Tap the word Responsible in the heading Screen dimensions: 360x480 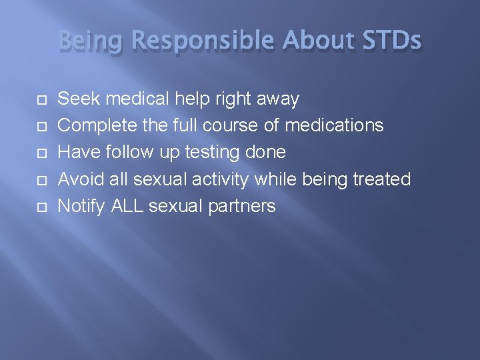pos(203,42)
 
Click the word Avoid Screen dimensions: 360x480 pos(80,179)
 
